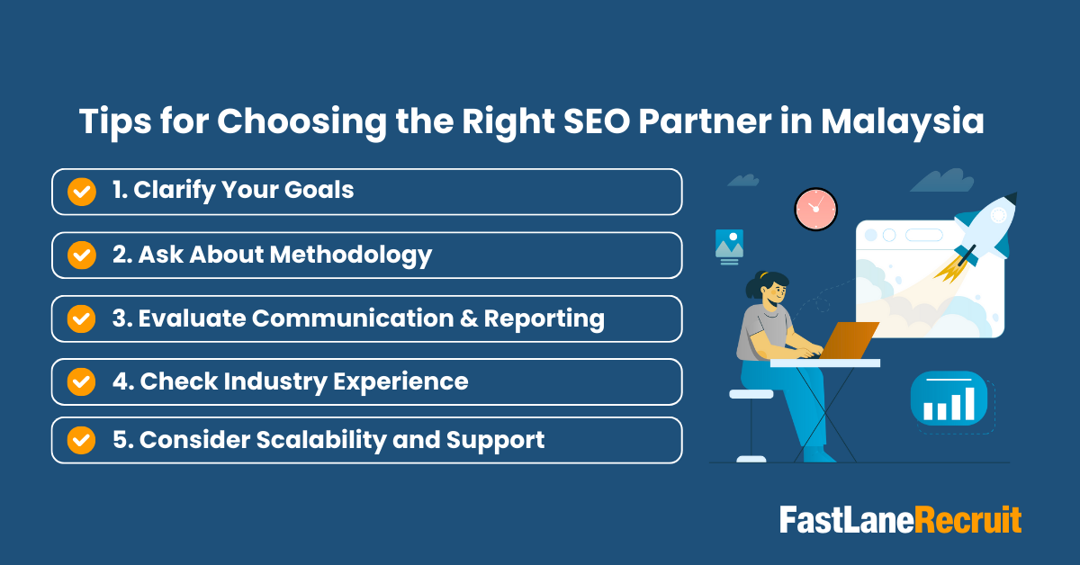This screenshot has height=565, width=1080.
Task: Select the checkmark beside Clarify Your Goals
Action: tap(82, 192)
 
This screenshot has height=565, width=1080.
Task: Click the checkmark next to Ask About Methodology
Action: tap(82, 256)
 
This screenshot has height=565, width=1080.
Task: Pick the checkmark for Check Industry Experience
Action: tap(82, 382)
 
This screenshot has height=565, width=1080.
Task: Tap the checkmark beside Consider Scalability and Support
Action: tap(82, 441)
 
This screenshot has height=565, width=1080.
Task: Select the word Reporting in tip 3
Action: tap(544, 318)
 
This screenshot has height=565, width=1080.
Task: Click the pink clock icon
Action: tap(815, 209)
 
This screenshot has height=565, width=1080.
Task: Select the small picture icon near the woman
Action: tap(729, 245)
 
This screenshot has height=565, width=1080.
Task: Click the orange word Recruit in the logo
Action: tap(968, 521)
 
